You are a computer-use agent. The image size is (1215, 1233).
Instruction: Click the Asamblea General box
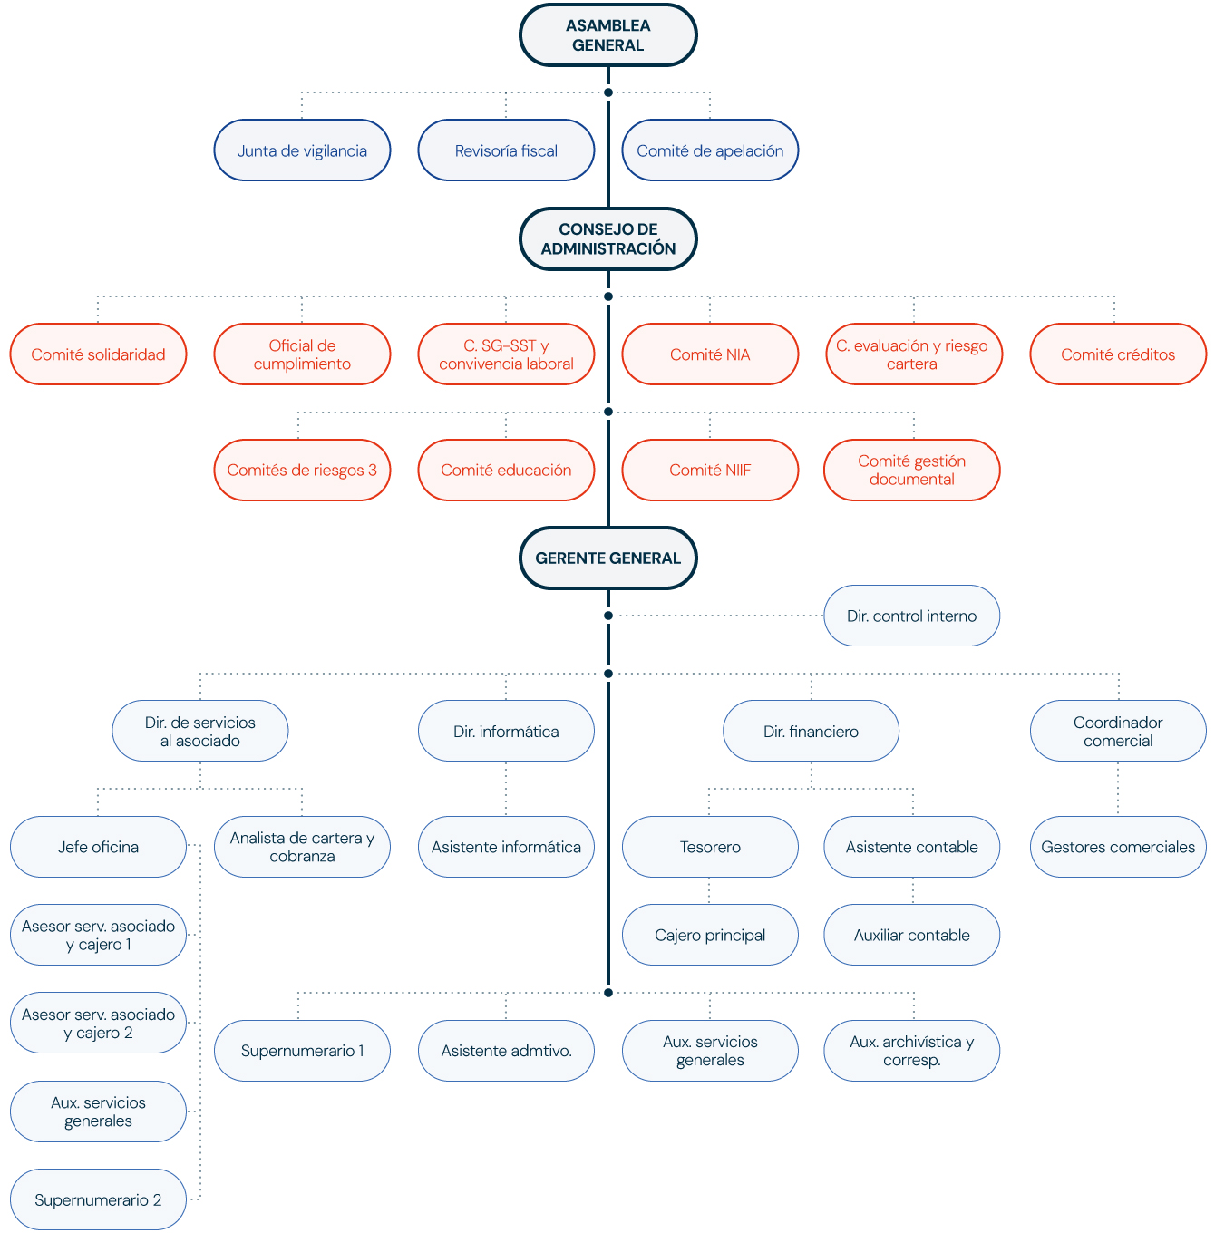pyautogui.click(x=607, y=35)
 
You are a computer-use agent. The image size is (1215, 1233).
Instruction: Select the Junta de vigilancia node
pyautogui.click(x=302, y=150)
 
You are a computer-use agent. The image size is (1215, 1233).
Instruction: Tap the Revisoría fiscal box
pyautogui.click(x=506, y=150)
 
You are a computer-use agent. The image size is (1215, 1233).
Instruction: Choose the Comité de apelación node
pyautogui.click(x=710, y=150)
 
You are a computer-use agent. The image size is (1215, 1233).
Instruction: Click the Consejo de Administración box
pyautogui.click(x=607, y=239)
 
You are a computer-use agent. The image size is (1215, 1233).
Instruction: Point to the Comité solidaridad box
pyautogui.click(x=98, y=354)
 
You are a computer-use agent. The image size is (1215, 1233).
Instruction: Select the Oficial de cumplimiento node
pyautogui.click(x=302, y=354)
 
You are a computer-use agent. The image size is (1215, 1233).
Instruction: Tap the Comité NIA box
pyautogui.click(x=710, y=354)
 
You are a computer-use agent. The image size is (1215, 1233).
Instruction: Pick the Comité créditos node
pyautogui.click(x=1118, y=354)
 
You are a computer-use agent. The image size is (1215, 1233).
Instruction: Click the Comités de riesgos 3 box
pyautogui.click(x=302, y=470)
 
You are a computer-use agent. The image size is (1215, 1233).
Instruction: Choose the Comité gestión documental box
pyautogui.click(x=911, y=470)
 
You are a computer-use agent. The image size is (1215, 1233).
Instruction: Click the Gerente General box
pyautogui.click(x=607, y=558)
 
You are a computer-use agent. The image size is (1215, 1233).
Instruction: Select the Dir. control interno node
pyautogui.click(x=911, y=616)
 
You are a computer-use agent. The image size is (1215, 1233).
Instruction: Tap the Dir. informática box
pyautogui.click(x=506, y=731)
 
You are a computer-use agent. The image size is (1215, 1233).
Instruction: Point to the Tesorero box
pyautogui.click(x=710, y=847)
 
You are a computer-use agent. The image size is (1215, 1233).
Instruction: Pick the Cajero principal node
pyautogui.click(x=710, y=935)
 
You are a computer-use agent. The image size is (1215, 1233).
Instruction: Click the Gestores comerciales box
pyautogui.click(x=1118, y=847)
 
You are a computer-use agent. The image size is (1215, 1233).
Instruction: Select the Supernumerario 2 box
pyautogui.click(x=98, y=1199)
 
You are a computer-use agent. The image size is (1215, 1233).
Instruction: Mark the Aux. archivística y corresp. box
pyautogui.click(x=911, y=1051)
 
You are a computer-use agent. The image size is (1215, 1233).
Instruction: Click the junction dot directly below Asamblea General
pyautogui.click(x=608, y=92)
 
